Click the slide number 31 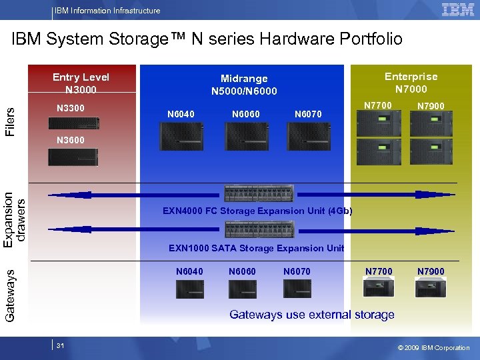coord(60,346)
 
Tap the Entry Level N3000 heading coord(81,83)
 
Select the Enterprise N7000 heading coord(411,83)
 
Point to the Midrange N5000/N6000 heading coord(244,85)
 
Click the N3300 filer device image coord(73,123)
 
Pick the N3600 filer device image coord(73,157)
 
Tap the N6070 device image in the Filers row coord(308,137)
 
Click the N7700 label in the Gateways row coord(379,271)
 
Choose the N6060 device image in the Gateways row coord(242,289)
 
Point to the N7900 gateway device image coord(430,287)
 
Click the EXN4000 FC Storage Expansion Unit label coord(257,211)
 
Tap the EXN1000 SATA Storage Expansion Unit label coord(256,248)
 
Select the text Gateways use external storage coord(311,315)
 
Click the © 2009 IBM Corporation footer coord(433,347)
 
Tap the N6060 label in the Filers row coord(246,114)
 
